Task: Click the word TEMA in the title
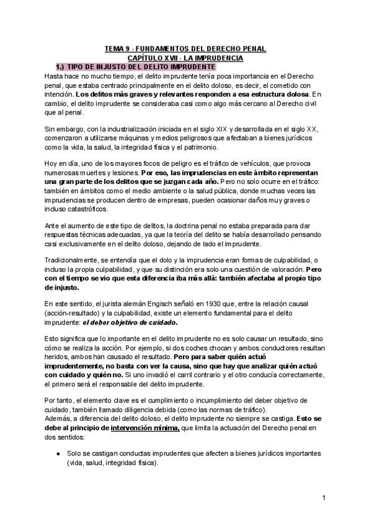pyautogui.click(x=114, y=48)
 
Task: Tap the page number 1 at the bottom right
pyautogui.click(x=324, y=497)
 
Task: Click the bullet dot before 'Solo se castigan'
pyautogui.click(x=57, y=454)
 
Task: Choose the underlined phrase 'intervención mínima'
pyautogui.click(x=145, y=427)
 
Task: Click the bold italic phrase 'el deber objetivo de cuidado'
pyautogui.click(x=137, y=323)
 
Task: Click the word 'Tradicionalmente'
pyautogui.click(x=75, y=271)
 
